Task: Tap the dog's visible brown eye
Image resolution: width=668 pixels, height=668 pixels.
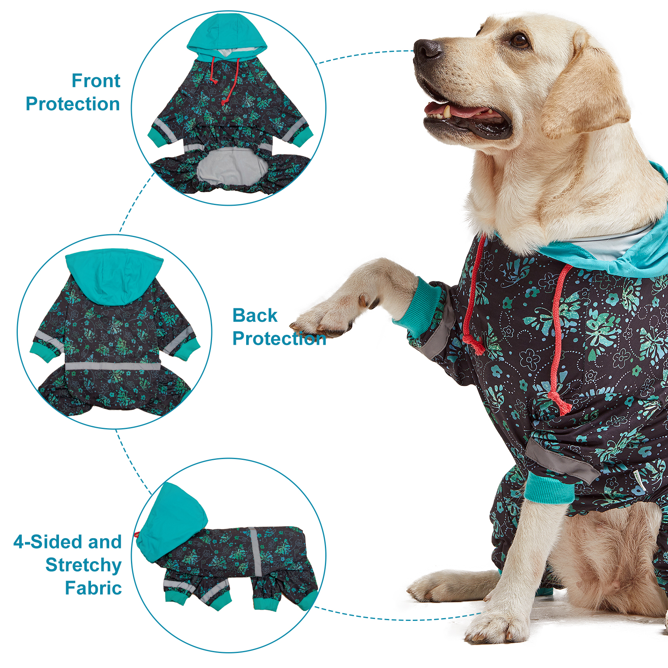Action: (520, 40)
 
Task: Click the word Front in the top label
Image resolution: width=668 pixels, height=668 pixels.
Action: (96, 81)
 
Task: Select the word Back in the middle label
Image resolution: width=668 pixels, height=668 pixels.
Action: (255, 315)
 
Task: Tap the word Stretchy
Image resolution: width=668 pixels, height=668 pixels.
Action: (83, 565)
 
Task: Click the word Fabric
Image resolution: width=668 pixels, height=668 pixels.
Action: (93, 588)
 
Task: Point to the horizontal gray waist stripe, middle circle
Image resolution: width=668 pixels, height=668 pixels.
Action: (113, 366)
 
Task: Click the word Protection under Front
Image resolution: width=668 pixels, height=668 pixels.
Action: (73, 104)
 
